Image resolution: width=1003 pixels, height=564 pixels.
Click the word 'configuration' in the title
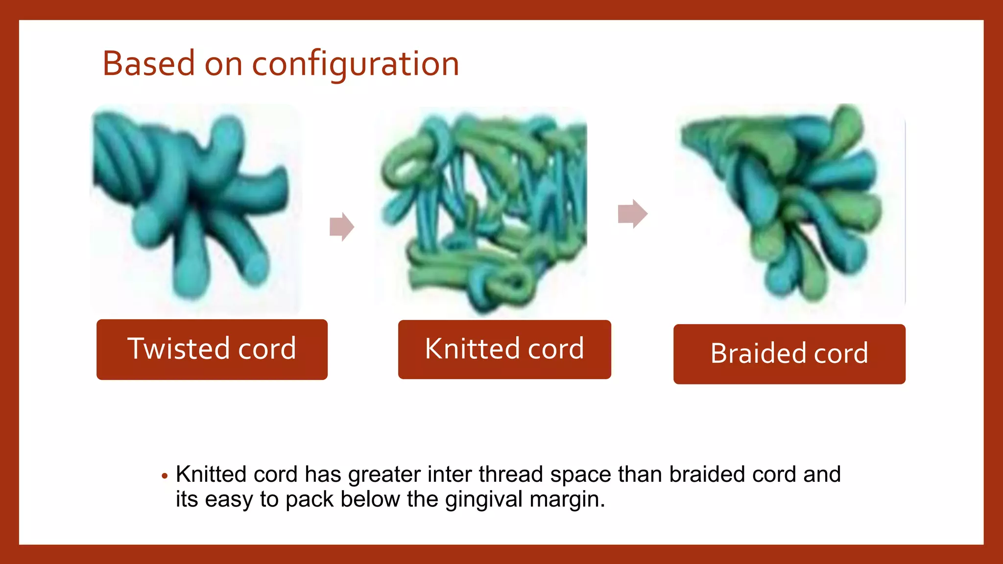click(355, 65)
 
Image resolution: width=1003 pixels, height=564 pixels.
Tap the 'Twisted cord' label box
click(212, 350)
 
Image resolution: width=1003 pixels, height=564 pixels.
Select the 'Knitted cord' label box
click(504, 350)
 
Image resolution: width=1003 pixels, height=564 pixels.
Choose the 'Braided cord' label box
click(789, 354)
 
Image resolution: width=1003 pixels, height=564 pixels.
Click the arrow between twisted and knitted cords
click(342, 227)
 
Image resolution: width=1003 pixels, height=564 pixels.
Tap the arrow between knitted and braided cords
click(633, 214)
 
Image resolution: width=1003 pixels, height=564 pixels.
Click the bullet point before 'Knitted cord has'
click(165, 476)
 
